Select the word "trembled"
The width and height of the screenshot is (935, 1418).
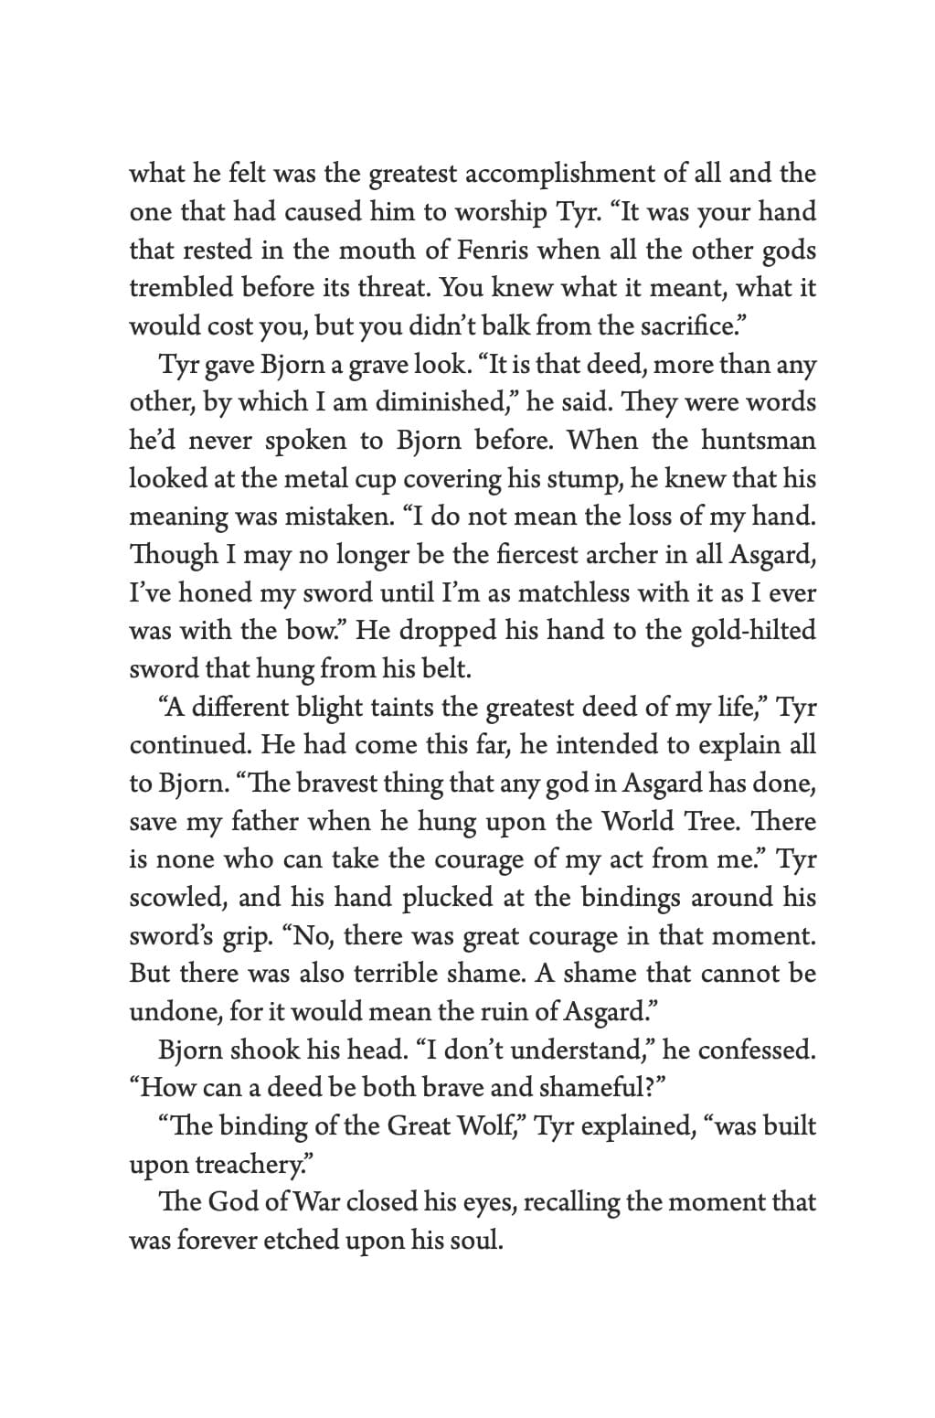tap(181, 287)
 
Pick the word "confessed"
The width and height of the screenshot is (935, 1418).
tap(757, 1050)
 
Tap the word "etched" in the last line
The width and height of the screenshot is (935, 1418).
tap(303, 1241)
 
